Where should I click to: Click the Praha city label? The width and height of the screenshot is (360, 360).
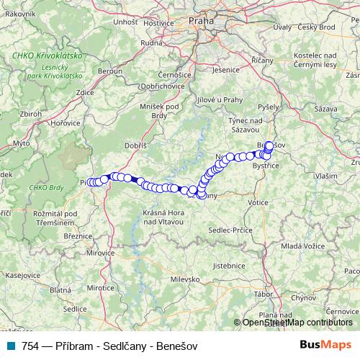pos(202,22)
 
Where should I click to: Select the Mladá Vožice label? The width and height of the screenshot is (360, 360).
pos(301,246)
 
